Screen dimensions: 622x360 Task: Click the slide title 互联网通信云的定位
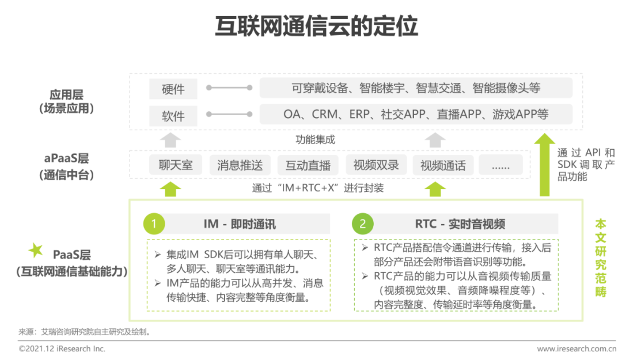(x=316, y=26)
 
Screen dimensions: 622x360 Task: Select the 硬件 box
(x=173, y=89)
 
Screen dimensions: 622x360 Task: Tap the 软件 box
(x=173, y=116)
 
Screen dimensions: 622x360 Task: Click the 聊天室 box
(x=175, y=165)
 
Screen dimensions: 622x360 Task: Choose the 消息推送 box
(x=240, y=165)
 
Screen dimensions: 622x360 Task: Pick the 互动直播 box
(x=308, y=165)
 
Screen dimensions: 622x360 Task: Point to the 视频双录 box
(x=376, y=165)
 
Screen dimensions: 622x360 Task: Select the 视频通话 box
(x=443, y=165)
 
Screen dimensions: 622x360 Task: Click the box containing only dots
(x=500, y=165)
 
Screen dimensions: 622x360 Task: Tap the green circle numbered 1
(x=154, y=224)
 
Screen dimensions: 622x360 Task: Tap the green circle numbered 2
(x=363, y=224)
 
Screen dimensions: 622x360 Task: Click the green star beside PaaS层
(x=36, y=249)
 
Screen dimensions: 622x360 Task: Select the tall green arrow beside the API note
(x=545, y=165)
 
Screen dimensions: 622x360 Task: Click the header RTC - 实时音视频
(x=460, y=224)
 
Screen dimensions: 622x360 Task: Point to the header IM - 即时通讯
(x=240, y=224)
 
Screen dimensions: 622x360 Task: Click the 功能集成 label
(x=316, y=139)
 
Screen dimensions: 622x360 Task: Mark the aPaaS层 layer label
(x=66, y=158)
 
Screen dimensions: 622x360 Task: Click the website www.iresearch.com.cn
(x=577, y=348)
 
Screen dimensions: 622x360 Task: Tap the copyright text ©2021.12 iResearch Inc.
(x=62, y=348)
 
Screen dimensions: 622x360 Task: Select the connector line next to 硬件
(x=229, y=88)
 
